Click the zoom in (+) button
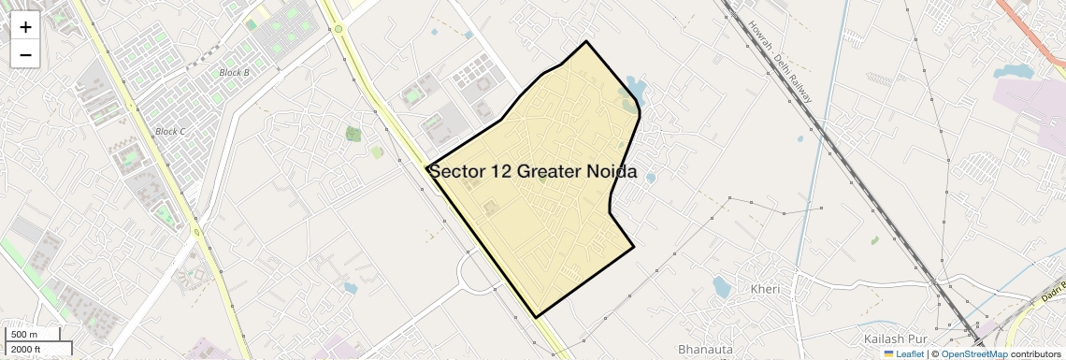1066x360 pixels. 25,27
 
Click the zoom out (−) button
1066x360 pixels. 25,55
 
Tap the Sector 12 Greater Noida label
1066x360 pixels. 532,172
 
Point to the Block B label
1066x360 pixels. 234,72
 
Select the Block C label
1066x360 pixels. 170,132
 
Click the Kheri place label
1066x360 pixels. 765,289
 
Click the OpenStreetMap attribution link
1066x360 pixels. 973,354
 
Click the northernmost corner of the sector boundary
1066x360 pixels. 586,41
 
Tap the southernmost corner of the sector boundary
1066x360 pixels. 536,317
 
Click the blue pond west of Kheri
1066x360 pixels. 721,287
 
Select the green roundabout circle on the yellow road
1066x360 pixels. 339,30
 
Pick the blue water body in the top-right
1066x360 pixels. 1014,71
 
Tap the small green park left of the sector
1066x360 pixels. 353,134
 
